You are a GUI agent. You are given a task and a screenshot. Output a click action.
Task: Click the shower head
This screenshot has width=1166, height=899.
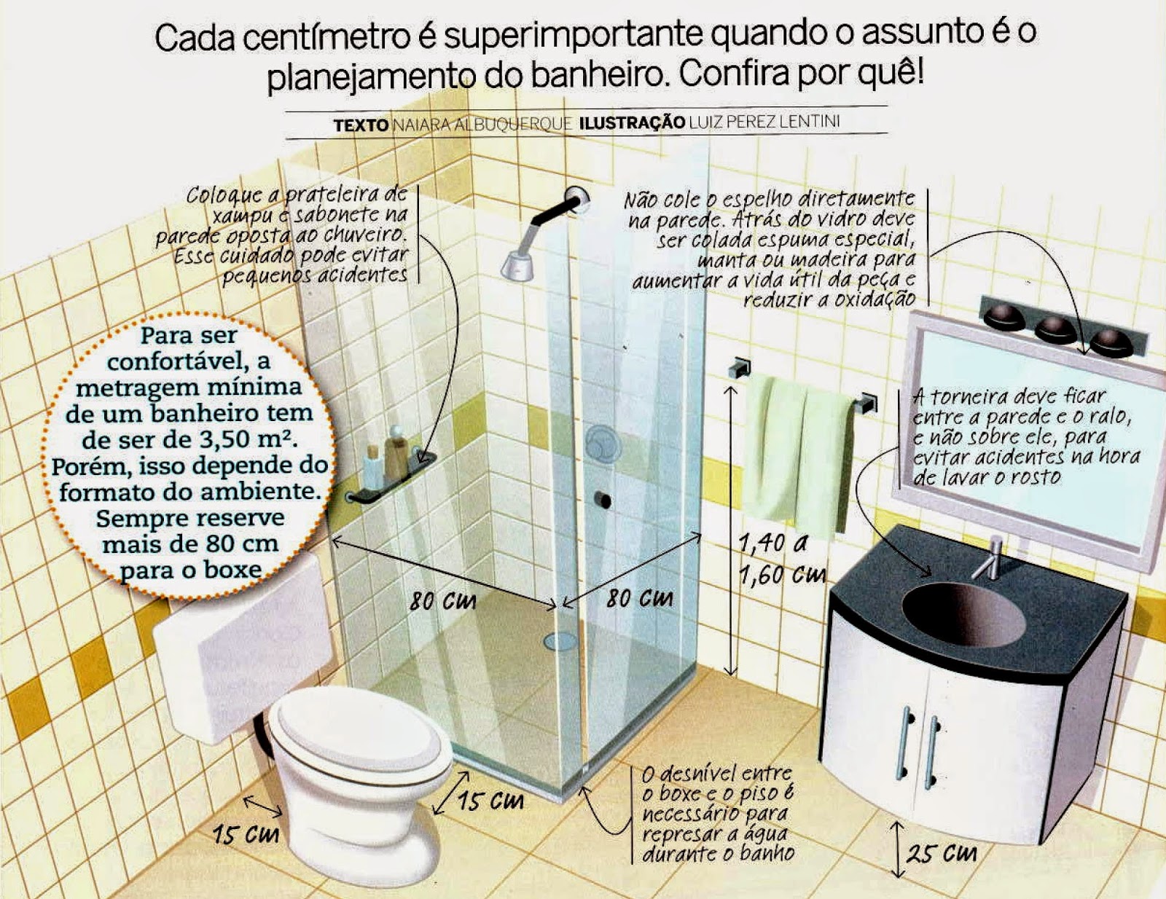coord(517,264)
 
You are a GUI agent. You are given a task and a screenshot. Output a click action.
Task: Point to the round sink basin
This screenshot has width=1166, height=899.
coord(963,615)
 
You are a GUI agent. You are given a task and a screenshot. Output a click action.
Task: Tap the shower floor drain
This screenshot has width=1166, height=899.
coord(560,640)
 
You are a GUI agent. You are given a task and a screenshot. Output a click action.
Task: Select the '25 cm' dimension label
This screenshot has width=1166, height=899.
coord(941,852)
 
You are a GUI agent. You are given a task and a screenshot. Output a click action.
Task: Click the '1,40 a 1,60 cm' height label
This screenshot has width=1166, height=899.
coord(781,560)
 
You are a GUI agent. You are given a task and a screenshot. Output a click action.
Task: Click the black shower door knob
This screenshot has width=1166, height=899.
coord(603,500)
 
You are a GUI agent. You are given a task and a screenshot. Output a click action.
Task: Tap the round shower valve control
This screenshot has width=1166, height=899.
coord(602,442)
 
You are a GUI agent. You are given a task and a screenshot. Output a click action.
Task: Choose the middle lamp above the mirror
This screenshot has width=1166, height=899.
coord(1055,329)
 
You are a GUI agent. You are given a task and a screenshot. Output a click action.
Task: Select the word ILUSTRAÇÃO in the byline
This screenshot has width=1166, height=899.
coord(632,123)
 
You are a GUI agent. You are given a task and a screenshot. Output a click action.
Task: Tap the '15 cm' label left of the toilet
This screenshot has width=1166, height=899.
coord(246,835)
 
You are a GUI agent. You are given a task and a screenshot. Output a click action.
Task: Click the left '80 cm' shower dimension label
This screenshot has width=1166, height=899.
coord(442,600)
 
